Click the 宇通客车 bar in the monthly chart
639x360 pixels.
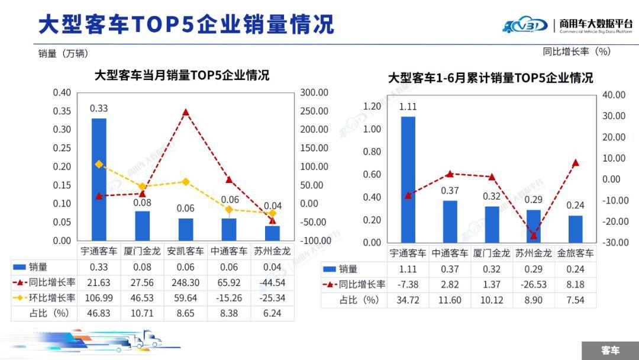99,179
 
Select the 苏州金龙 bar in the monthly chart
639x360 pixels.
272,233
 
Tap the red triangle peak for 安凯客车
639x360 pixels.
186,112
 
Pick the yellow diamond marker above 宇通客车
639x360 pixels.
99,164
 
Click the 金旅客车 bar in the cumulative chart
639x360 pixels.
575,229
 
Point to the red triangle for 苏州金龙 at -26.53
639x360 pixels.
533,235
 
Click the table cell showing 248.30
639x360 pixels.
185,282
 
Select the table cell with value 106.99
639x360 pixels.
99,297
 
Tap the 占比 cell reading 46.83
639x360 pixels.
99,313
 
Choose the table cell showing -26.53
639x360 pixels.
533,284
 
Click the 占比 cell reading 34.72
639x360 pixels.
409,300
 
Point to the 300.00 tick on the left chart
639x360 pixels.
314,92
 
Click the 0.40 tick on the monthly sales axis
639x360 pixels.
62,92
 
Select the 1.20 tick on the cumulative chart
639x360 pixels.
372,106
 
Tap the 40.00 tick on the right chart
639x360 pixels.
614,95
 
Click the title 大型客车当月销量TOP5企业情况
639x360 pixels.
182,75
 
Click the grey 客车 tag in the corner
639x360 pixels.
610,350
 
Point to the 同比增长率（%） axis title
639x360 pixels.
576,52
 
